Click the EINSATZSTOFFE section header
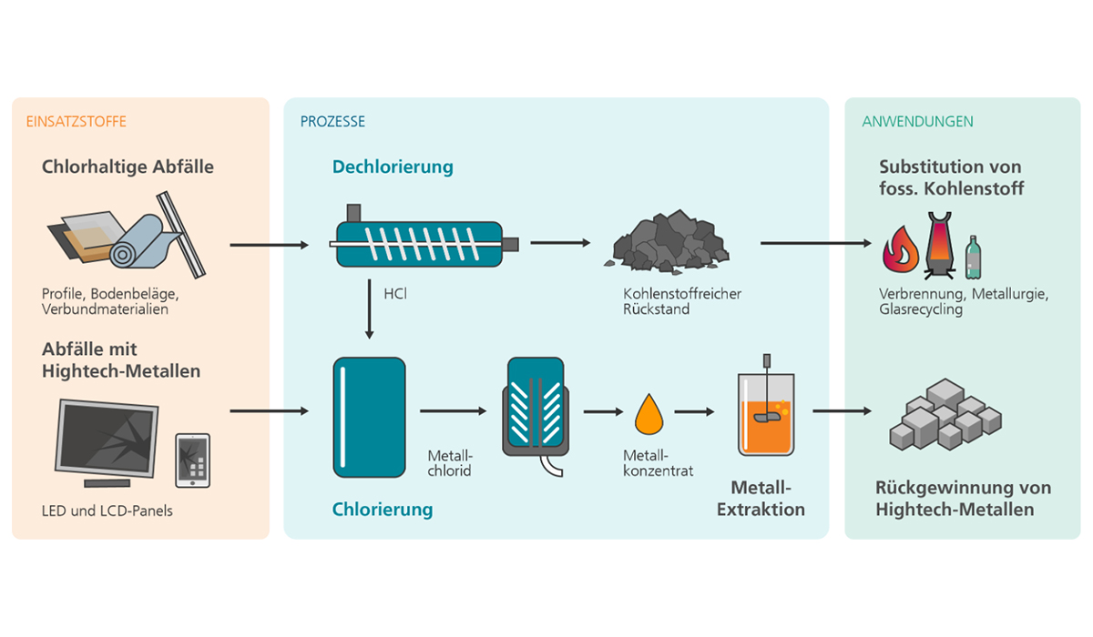click(x=77, y=121)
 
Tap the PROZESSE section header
click(x=332, y=121)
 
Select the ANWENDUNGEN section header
click(x=917, y=121)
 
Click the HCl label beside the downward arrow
click(x=395, y=294)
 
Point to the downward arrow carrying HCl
click(x=370, y=309)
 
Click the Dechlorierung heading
click(x=393, y=167)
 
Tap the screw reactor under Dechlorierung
click(x=424, y=237)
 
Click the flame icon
click(x=900, y=248)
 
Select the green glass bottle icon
click(x=973, y=258)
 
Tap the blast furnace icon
click(x=939, y=245)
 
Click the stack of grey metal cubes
click(x=945, y=414)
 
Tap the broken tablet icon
click(x=193, y=460)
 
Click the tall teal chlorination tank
click(x=370, y=417)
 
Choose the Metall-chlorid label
click(x=450, y=463)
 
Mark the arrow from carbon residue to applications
click(x=816, y=243)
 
